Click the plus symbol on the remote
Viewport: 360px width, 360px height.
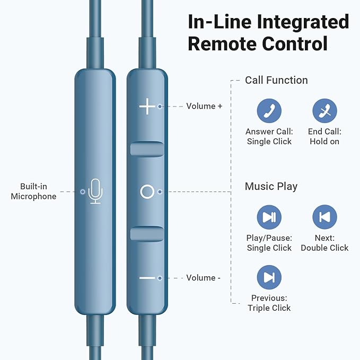tap(147, 106)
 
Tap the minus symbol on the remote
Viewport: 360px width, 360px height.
tap(147, 278)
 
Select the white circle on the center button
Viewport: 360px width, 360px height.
tap(147, 192)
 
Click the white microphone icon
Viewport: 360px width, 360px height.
tap(95, 191)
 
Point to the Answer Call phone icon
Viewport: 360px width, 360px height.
tap(269, 111)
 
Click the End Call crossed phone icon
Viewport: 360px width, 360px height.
tap(324, 111)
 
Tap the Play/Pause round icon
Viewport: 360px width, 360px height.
tap(269, 217)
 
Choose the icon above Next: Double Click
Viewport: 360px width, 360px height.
tap(324, 217)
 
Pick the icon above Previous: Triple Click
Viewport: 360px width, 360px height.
tap(269, 277)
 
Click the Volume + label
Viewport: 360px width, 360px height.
tap(204, 106)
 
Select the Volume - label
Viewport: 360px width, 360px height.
tap(203, 278)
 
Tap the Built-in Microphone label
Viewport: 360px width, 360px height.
tap(33, 191)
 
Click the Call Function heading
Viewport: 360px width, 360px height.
tap(276, 80)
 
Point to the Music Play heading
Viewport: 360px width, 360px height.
tap(271, 187)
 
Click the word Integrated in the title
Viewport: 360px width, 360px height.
tap(303, 22)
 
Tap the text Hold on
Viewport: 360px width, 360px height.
tap(324, 142)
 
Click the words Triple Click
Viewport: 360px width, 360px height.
tap(269, 308)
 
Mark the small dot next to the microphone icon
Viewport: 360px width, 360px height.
tap(83, 192)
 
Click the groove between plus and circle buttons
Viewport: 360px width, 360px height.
tap(147, 149)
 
